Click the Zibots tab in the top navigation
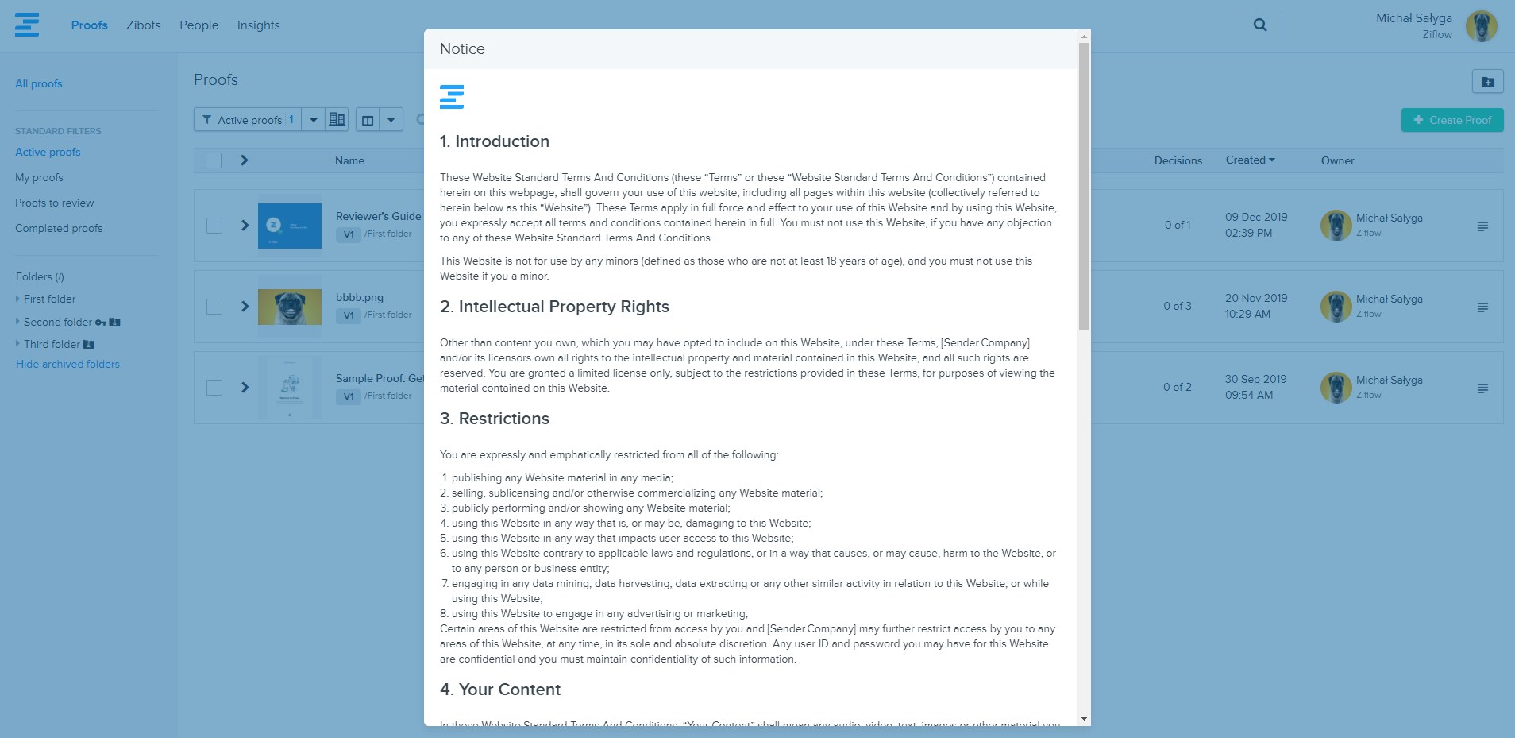click(x=143, y=25)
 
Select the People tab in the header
click(x=199, y=25)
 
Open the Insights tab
click(x=258, y=25)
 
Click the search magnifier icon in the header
click(x=1260, y=25)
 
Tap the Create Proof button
click(x=1451, y=120)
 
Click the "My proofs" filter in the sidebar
click(x=39, y=177)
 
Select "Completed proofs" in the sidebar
click(x=59, y=228)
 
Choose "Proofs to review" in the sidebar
click(x=54, y=203)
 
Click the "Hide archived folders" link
click(x=67, y=364)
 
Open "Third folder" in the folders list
click(x=52, y=344)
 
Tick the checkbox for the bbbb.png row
click(x=214, y=307)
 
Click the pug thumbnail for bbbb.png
click(x=289, y=307)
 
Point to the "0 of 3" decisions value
click(x=1177, y=306)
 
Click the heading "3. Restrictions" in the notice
click(x=494, y=419)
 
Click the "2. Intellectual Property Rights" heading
click(x=554, y=307)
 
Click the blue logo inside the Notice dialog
click(x=452, y=96)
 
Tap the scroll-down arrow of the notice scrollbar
click(x=1084, y=719)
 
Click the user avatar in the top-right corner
click(x=1481, y=26)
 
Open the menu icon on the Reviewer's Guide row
click(x=1482, y=226)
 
